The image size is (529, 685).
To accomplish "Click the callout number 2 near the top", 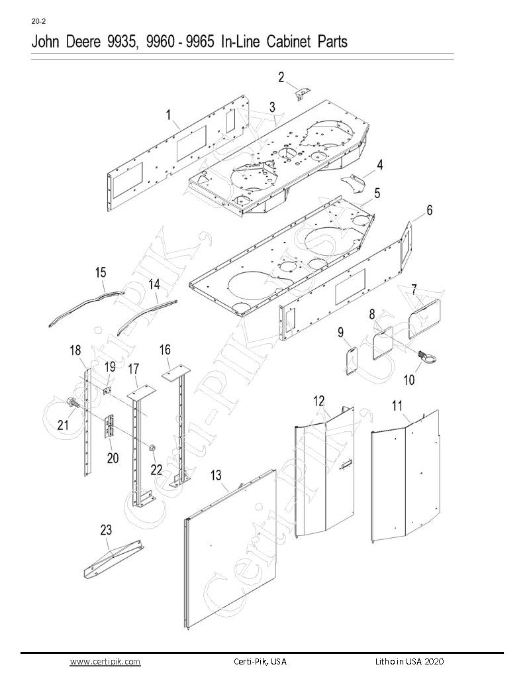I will click(x=281, y=78).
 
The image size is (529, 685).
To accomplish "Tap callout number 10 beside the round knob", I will click(x=409, y=380).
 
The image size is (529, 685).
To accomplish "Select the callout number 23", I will click(x=106, y=530).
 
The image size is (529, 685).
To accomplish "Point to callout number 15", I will click(x=101, y=272).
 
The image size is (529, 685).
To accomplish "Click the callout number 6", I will click(x=429, y=210).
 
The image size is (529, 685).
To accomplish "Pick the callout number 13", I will click(x=215, y=474).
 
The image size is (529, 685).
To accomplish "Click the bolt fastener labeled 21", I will click(x=72, y=402).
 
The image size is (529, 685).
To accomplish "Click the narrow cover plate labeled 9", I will click(x=352, y=360).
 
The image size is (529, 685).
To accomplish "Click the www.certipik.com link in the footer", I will click(x=105, y=662).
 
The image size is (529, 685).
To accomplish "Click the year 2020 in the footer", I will click(x=432, y=662).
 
